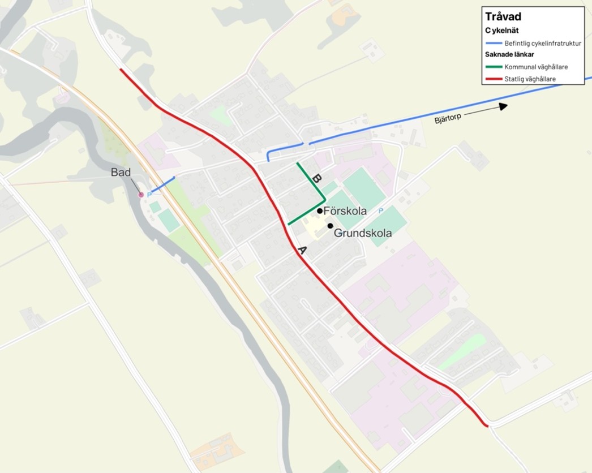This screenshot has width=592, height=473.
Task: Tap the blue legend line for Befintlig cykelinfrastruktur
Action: click(494, 43)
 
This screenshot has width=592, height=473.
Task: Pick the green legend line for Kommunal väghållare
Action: click(494, 67)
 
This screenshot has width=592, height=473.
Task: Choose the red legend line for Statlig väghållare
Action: click(494, 79)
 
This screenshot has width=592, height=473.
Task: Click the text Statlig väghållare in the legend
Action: click(530, 79)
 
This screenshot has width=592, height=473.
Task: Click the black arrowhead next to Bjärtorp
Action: click(503, 106)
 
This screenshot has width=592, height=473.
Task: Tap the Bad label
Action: click(121, 172)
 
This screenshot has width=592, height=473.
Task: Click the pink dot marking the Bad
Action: click(141, 195)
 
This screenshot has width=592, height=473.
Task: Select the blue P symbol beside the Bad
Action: click(149, 195)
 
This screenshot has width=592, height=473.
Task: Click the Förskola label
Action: click(345, 212)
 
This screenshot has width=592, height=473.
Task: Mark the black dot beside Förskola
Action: click(320, 211)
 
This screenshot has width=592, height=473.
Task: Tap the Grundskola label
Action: click(363, 233)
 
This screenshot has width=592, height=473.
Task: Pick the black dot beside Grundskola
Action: click(330, 226)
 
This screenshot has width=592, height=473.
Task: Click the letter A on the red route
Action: click(302, 250)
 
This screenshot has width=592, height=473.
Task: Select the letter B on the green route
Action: click(316, 179)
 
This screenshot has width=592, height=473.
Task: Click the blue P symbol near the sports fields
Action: click(381, 210)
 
